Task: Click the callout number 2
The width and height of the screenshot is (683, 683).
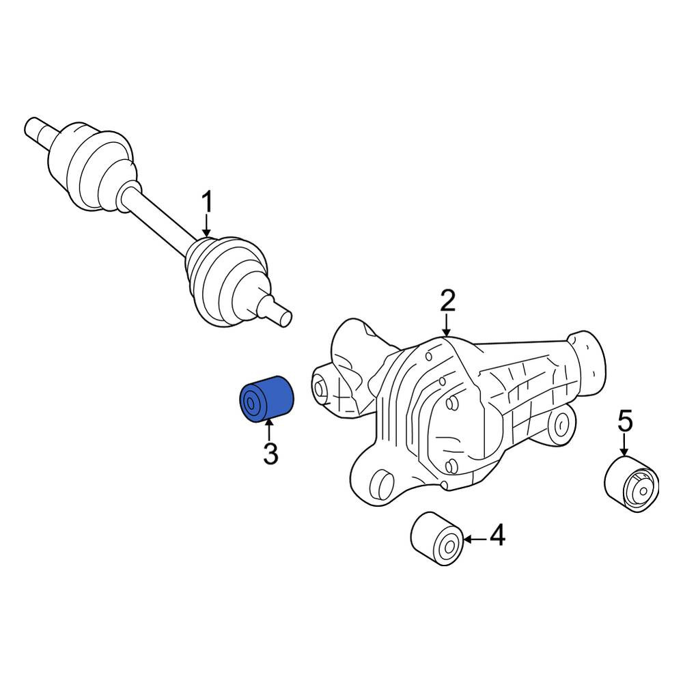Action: (447, 301)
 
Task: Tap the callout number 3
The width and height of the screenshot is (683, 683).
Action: (270, 454)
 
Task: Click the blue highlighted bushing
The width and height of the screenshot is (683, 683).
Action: (266, 399)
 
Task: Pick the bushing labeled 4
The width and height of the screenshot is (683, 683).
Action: (437, 540)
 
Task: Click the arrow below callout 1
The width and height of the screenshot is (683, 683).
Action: (207, 227)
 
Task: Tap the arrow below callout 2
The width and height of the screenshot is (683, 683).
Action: (447, 325)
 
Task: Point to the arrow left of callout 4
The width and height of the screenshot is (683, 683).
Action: (475, 540)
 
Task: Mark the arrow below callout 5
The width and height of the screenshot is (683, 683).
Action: (625, 445)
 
